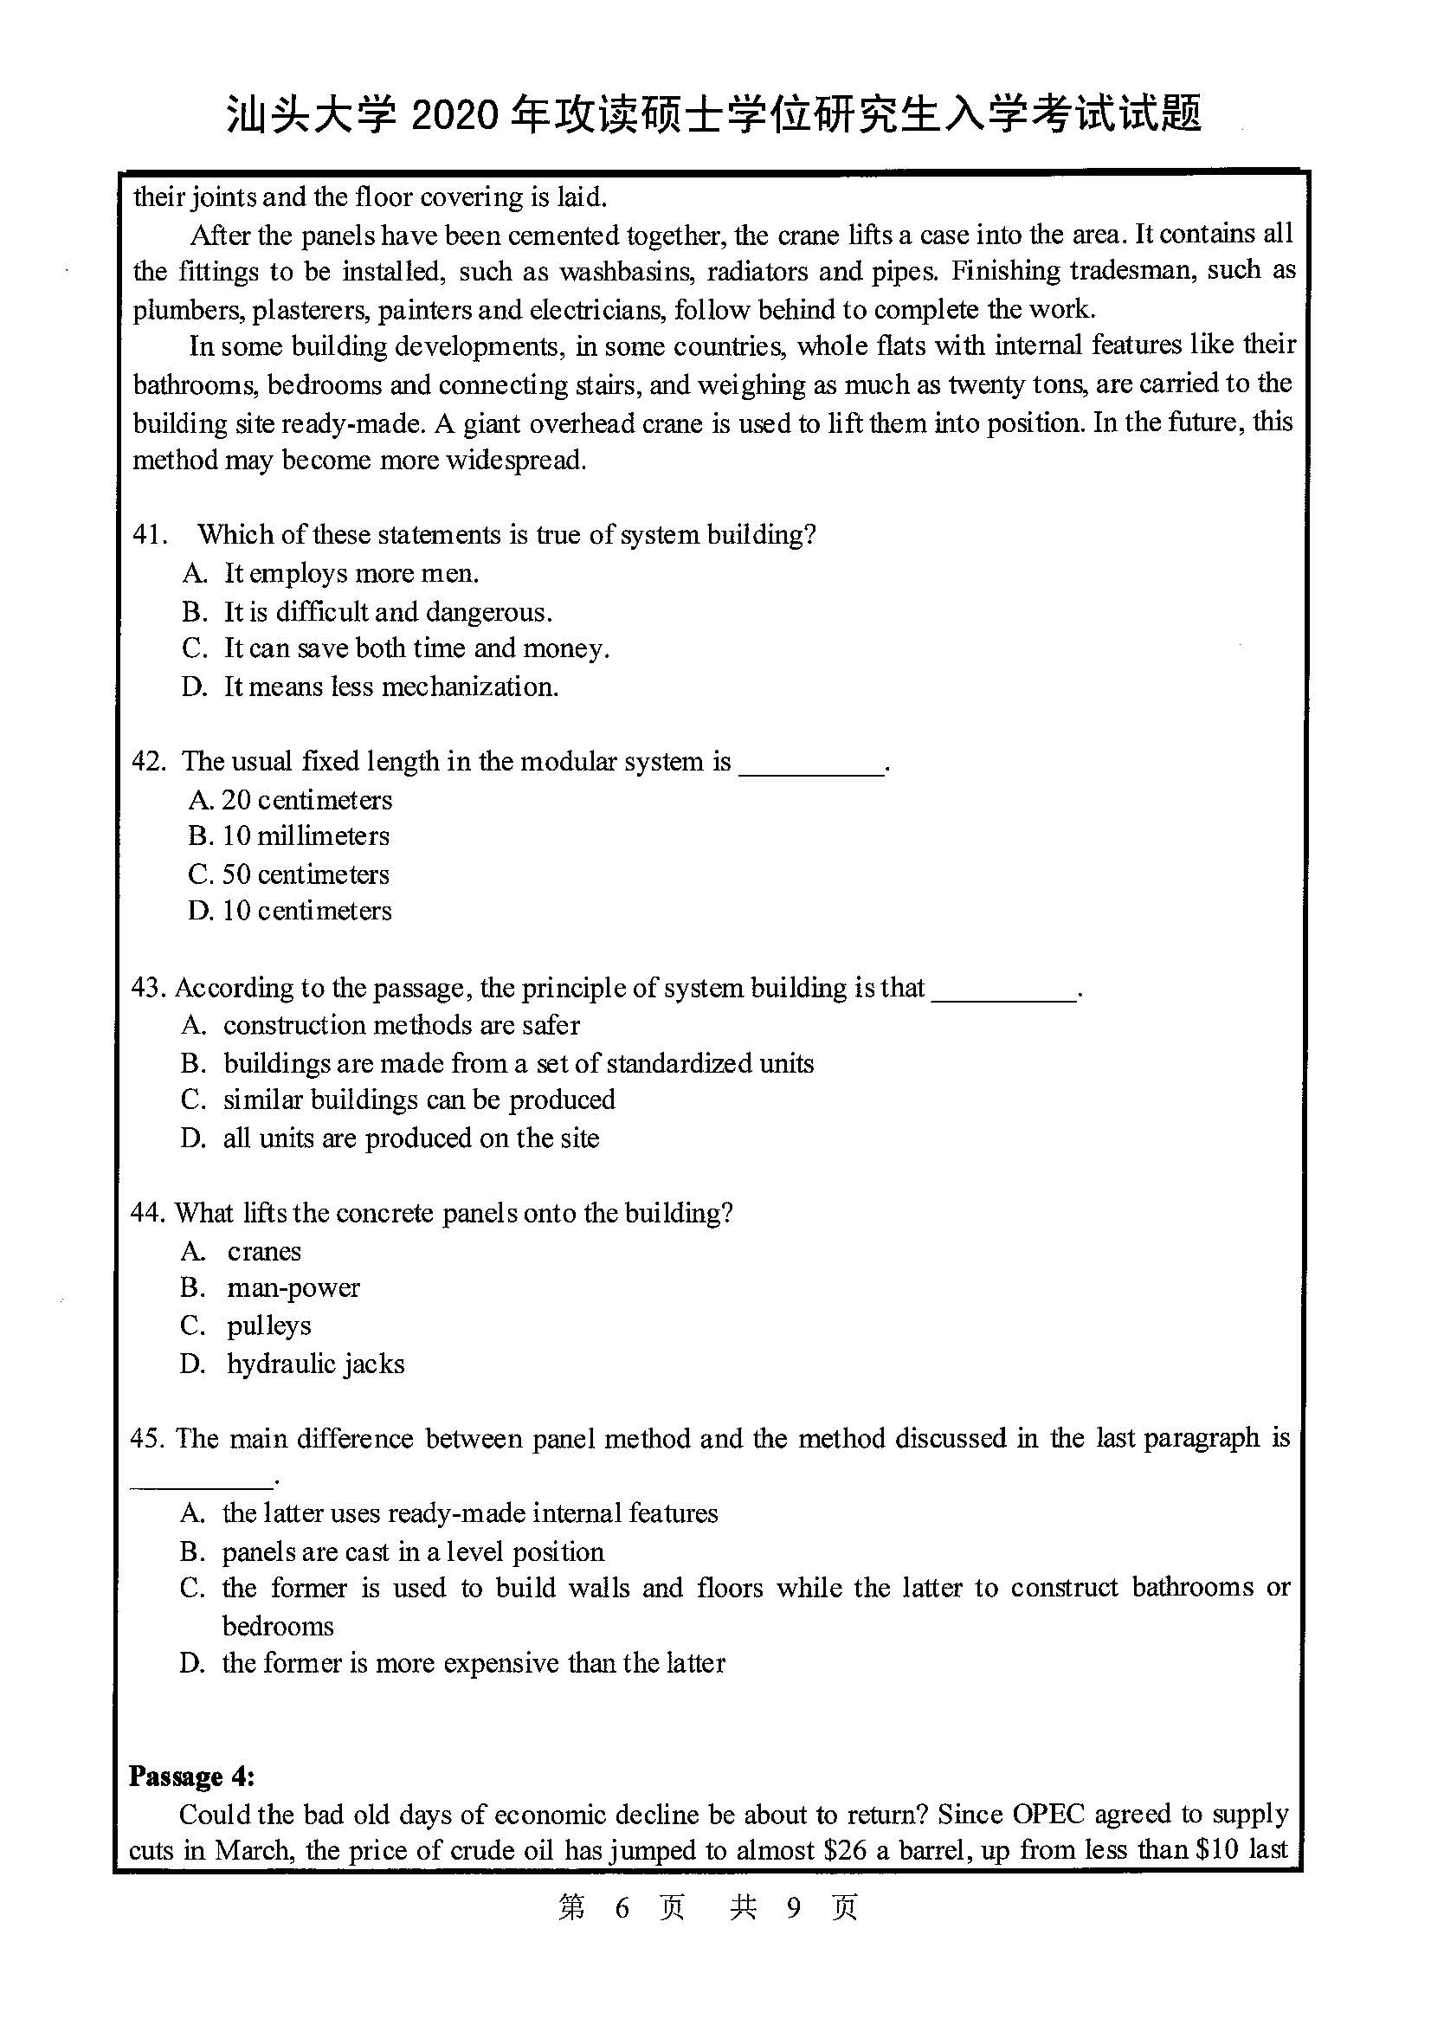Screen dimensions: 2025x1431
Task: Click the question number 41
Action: coord(149,534)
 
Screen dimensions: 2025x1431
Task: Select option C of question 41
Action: coord(416,648)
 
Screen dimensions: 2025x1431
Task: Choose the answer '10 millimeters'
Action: coord(305,836)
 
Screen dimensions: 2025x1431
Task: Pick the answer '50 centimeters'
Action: coord(305,874)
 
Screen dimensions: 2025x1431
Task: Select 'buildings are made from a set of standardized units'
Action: coord(519,1063)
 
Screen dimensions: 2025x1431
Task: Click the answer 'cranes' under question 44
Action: coord(264,1251)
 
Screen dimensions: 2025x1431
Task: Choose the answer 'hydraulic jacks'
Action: coord(316,1364)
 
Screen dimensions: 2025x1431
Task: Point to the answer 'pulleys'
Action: coord(269,1325)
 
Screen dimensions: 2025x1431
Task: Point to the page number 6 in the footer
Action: coord(622,1908)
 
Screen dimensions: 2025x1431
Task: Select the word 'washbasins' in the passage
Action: coord(627,272)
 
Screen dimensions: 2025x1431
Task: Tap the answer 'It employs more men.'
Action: coord(351,573)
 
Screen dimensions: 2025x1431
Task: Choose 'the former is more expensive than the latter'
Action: coord(474,1663)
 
